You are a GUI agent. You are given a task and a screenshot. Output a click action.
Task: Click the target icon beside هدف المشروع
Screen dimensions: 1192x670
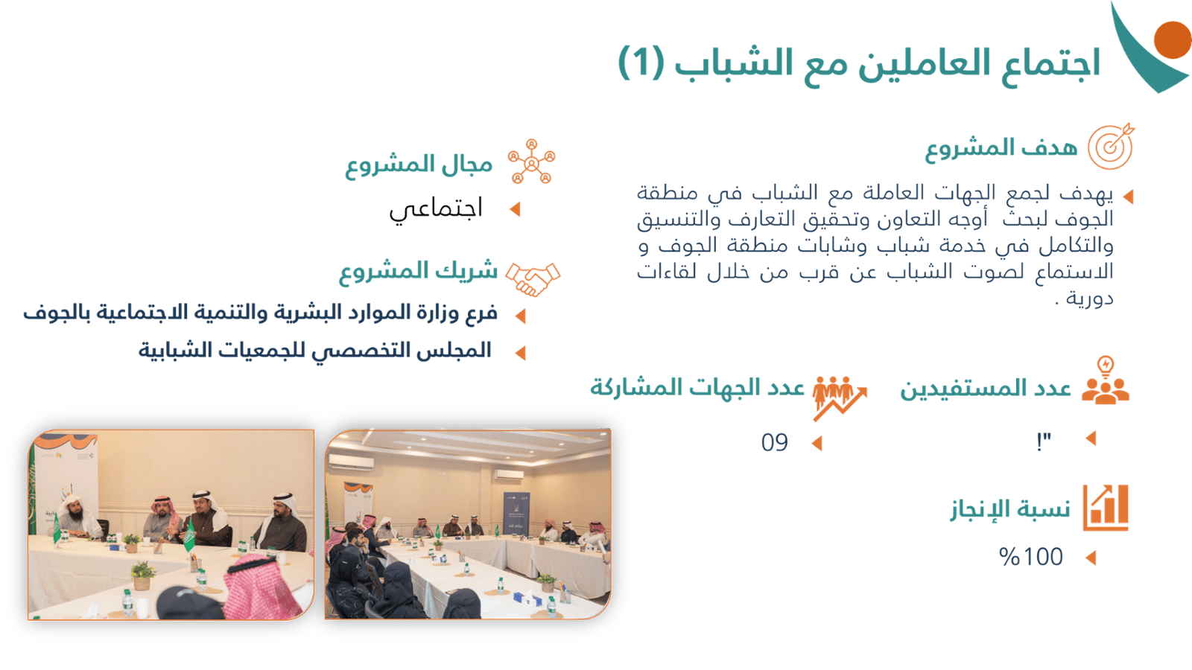coord(1111,146)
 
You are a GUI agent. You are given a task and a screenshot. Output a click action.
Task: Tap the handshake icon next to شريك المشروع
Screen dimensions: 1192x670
coord(533,278)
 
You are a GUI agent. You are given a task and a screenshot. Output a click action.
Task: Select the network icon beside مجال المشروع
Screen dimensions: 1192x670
coord(532,162)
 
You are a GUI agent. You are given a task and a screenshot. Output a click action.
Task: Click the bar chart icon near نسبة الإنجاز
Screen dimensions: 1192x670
coord(1106,508)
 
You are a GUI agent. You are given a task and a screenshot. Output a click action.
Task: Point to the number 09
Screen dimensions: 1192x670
coord(774,442)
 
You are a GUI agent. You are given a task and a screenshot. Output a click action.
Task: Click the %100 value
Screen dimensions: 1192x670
coord(1031,557)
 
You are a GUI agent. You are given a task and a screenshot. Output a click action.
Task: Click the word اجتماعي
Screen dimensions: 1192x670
coord(436,208)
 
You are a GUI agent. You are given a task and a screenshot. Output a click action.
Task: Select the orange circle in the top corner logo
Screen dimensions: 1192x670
coord(1173,40)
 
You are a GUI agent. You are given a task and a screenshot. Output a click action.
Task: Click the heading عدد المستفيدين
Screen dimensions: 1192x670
coord(986,389)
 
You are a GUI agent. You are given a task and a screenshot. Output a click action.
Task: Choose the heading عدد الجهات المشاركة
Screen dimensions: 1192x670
coord(697,388)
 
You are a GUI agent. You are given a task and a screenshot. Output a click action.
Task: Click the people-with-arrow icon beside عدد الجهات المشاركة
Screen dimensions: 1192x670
coord(839,398)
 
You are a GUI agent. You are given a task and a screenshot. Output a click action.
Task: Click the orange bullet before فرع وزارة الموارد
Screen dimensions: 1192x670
coord(521,316)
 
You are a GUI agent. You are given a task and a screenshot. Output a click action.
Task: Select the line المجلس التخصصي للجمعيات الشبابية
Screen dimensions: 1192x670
coord(315,351)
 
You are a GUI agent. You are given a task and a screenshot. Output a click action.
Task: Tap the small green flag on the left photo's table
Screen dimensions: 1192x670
coord(189,537)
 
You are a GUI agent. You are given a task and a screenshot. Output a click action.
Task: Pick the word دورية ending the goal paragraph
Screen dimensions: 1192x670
coord(1090,299)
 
